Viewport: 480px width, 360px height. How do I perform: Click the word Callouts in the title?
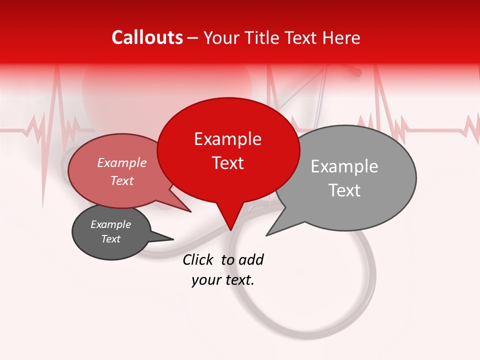tap(147, 37)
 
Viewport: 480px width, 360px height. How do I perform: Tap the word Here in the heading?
tap(341, 37)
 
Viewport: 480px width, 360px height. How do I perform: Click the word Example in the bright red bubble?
tap(227, 139)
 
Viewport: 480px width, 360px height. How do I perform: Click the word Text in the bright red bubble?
tap(227, 163)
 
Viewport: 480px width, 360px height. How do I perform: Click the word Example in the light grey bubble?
tap(344, 166)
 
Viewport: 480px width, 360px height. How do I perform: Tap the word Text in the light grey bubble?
tap(344, 190)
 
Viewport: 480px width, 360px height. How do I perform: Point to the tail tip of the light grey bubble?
tap(267, 234)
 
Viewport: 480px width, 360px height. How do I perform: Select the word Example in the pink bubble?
tap(121, 163)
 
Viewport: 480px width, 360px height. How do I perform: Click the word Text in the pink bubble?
tap(121, 180)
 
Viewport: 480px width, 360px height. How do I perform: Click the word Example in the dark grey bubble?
tap(110, 224)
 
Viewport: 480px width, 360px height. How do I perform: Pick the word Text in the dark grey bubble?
tap(110, 239)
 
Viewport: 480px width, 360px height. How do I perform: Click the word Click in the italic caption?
tap(197, 259)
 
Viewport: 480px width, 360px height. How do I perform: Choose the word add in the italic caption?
tap(251, 259)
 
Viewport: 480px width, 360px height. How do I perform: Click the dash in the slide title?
tap(193, 38)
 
